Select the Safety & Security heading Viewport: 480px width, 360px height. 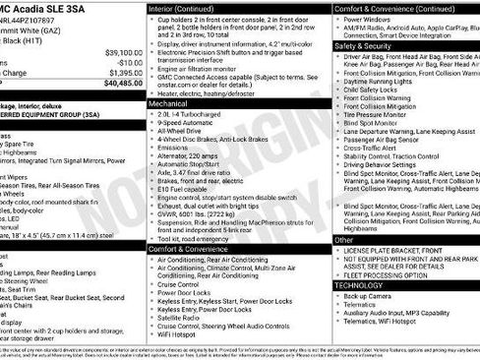click(x=363, y=45)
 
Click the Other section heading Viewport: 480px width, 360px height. click(x=344, y=239)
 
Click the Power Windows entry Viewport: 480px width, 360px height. click(x=371, y=18)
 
